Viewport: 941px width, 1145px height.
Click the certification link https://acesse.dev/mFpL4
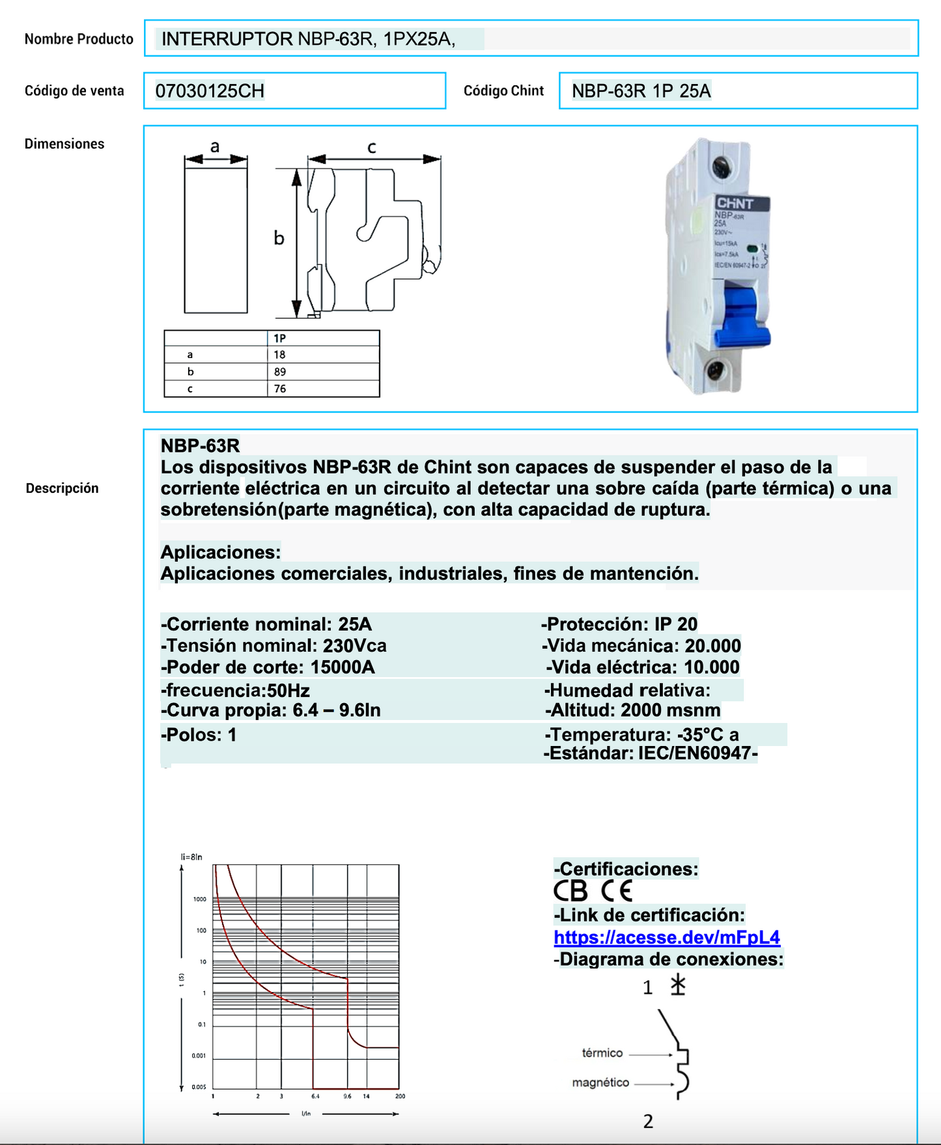pos(666,937)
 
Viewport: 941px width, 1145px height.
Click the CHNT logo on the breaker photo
pos(735,204)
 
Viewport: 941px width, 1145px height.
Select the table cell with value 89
pos(280,372)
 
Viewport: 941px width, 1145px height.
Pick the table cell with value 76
pos(280,389)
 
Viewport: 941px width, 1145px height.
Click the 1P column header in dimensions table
pos(280,338)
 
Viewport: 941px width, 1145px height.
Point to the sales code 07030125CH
pos(210,91)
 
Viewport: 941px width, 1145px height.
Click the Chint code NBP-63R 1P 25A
pos(641,91)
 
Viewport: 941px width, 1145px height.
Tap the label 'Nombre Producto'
pos(79,39)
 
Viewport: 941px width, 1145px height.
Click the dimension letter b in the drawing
pos(279,238)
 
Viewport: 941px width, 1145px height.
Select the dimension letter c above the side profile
pos(372,148)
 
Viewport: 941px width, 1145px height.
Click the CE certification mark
pos(617,890)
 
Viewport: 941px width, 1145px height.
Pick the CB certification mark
pos(570,890)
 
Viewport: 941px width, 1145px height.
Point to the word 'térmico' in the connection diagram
pos(602,1053)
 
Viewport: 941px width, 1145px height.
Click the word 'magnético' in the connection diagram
pos(600,1083)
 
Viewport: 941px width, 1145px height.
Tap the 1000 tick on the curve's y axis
pos(199,899)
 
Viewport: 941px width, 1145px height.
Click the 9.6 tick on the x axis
pos(348,1096)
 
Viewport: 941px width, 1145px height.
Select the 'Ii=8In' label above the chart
pos(191,857)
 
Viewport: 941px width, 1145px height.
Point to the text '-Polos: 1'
pos(199,736)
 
